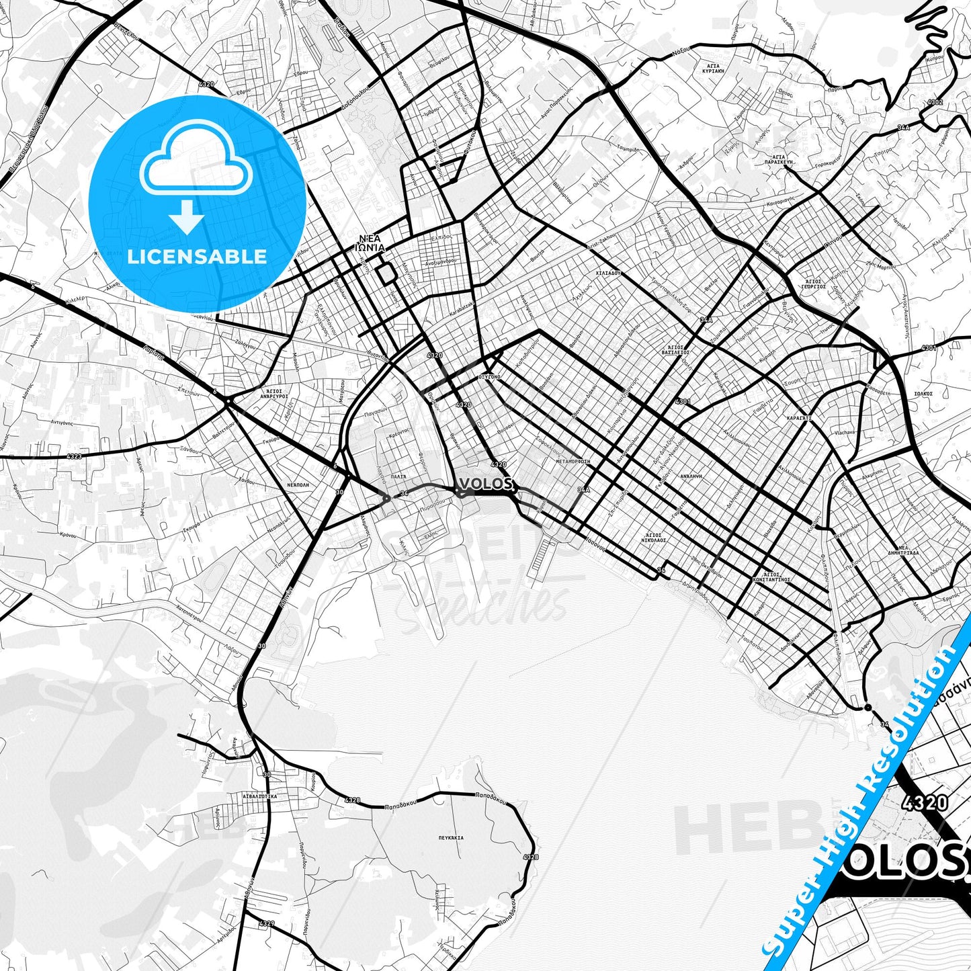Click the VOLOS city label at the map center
point(487,484)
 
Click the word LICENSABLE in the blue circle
point(197,257)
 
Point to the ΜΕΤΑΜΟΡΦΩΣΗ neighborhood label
point(573,462)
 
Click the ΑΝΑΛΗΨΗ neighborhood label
point(691,475)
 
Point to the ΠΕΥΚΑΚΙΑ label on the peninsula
point(450,838)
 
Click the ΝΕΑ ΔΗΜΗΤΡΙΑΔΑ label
point(904,550)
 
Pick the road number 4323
point(75,456)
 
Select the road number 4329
point(267,923)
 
